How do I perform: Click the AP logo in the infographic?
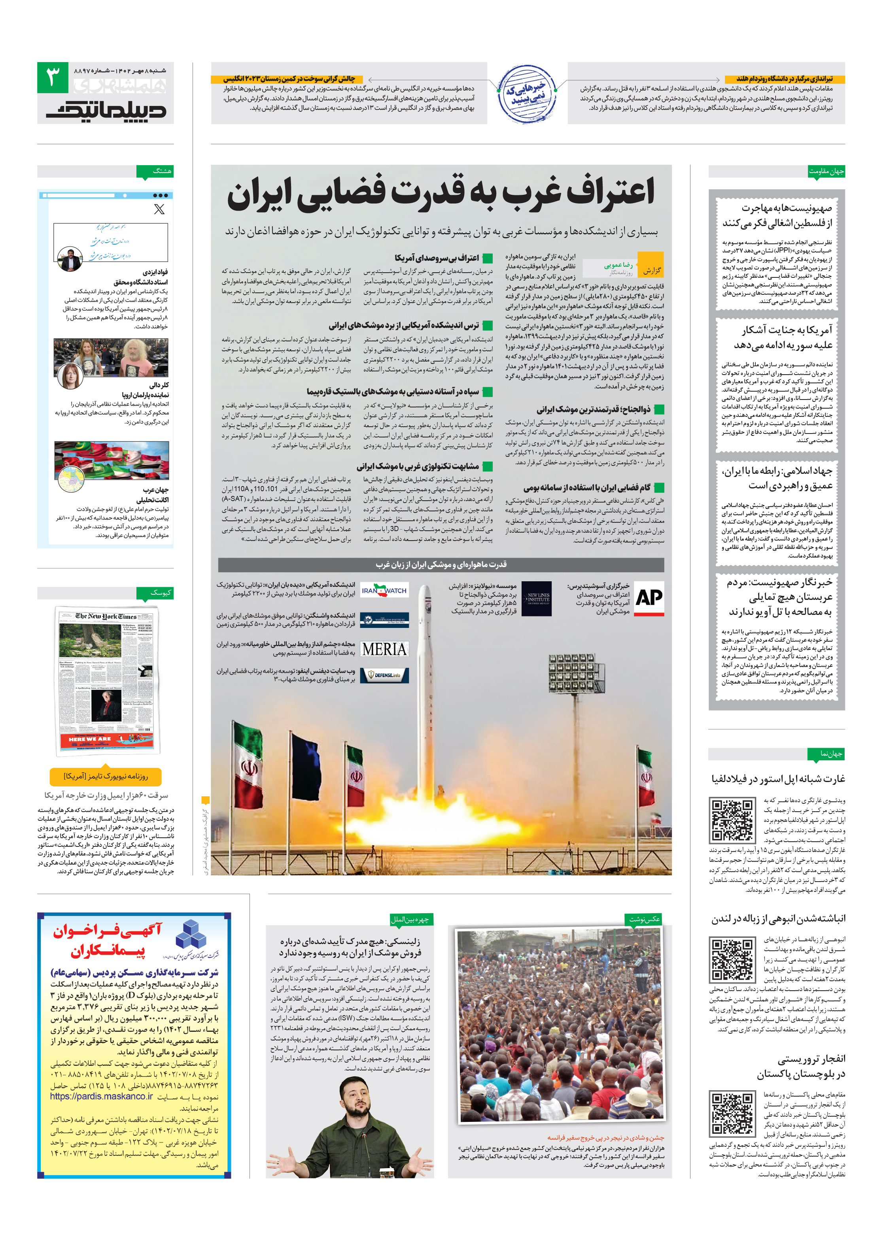(x=648, y=598)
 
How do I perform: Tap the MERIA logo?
(x=384, y=648)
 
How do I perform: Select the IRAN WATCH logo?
(x=384, y=590)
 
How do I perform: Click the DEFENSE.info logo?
(x=384, y=675)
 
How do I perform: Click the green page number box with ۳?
(x=53, y=77)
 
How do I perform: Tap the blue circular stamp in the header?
(x=526, y=93)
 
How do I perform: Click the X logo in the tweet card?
(x=159, y=209)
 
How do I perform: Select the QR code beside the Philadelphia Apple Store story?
(x=732, y=820)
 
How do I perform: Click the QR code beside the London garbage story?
(x=732, y=959)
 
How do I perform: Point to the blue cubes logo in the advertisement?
(x=191, y=935)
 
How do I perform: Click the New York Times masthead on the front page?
(x=106, y=616)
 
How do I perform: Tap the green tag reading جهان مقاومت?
(x=826, y=172)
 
